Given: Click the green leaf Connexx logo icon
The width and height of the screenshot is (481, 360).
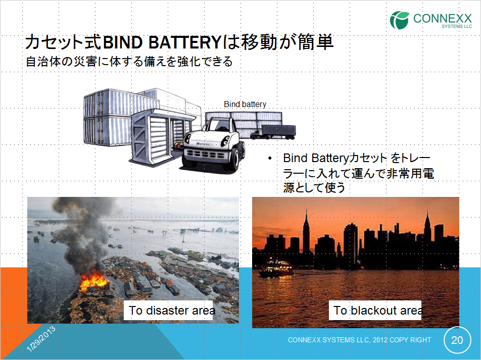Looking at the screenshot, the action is point(399,20).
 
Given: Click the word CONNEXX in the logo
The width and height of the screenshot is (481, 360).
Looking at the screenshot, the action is point(443,18).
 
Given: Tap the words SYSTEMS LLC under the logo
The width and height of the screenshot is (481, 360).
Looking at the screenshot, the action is point(457,26).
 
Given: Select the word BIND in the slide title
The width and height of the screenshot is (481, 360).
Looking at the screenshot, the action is point(123,42).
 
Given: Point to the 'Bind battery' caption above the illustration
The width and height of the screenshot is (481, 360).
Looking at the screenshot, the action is point(245,104).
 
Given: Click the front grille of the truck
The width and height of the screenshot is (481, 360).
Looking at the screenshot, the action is point(205,154).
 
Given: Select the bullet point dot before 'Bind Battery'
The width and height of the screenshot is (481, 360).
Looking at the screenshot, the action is point(270,159).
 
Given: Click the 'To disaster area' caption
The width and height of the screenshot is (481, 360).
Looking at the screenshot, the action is point(171,311).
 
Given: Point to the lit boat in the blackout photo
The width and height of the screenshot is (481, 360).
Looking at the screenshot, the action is point(276,269).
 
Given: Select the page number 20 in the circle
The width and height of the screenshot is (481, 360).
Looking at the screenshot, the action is point(457,340).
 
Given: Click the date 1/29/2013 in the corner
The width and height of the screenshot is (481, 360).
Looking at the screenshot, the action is point(41,338).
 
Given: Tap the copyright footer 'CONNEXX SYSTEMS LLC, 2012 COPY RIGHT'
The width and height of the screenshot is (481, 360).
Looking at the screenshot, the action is point(359,340).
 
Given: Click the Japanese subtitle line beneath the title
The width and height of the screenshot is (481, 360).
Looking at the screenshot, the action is point(129,61).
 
